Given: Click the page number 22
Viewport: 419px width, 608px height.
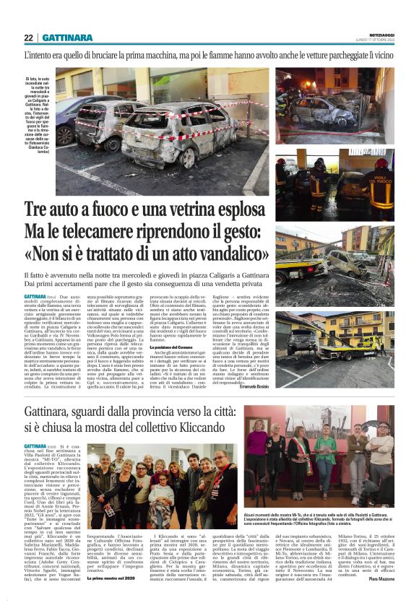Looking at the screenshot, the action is tap(28, 38).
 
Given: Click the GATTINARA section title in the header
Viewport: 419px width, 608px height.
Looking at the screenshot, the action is tap(67, 38).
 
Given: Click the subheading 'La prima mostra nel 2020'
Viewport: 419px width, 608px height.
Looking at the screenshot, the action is tap(111, 599).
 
